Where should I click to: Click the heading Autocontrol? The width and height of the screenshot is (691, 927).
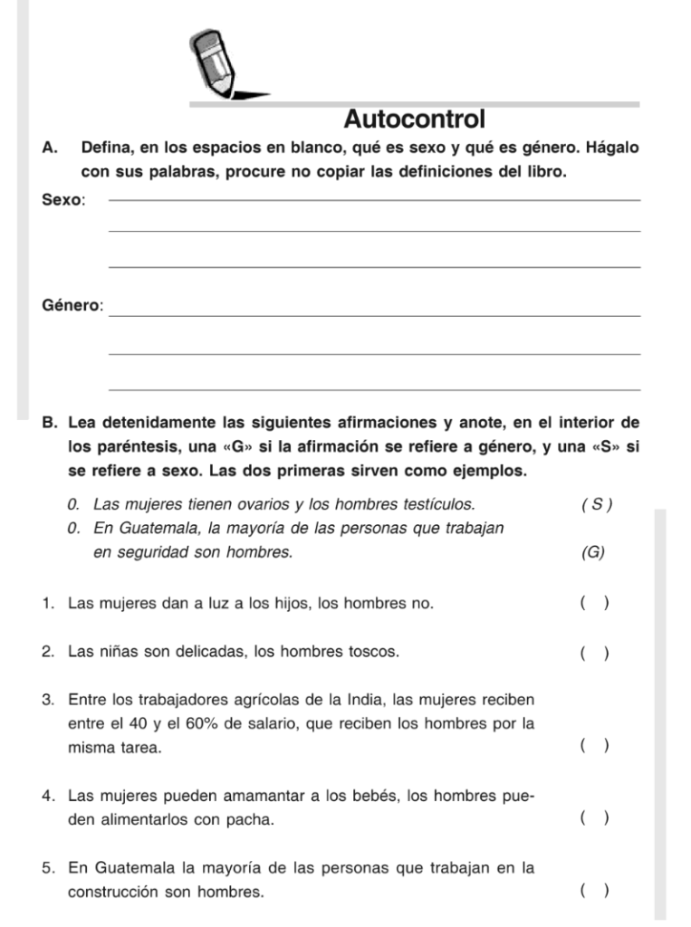coord(415,119)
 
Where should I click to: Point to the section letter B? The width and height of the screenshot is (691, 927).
coord(50,422)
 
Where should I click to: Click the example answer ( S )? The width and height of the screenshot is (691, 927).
coord(597,505)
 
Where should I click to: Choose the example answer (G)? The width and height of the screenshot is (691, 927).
coord(593,552)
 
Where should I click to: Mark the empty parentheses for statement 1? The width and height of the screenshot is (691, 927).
coord(594,603)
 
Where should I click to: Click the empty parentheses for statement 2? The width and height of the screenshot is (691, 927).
coord(594,653)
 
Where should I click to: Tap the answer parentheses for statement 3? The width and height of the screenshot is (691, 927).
coord(594,746)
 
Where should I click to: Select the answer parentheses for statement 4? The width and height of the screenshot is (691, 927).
coord(594,818)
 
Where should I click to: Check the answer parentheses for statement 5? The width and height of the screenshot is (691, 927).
coord(594,891)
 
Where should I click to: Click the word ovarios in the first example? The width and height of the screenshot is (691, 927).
coord(244,505)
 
